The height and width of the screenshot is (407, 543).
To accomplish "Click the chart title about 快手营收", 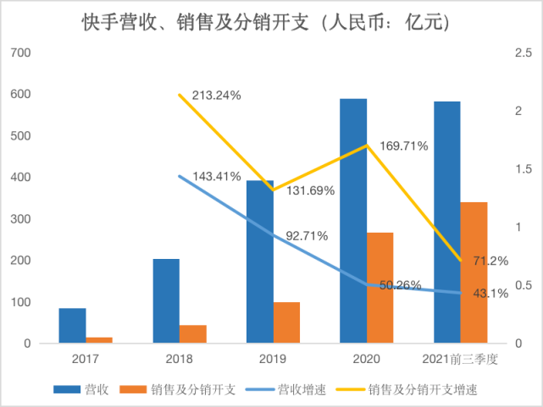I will tap(270, 23).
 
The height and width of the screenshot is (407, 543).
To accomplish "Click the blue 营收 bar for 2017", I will tap(72, 326).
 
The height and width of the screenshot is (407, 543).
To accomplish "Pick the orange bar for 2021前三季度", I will tap(474, 272).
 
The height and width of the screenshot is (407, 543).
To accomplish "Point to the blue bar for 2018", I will tap(166, 301).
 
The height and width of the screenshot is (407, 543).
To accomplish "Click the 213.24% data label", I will tap(216, 96).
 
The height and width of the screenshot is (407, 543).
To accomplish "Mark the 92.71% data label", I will tap(307, 235).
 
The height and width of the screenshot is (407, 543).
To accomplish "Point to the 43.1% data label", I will tap(489, 294).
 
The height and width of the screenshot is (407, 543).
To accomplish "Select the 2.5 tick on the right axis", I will tap(524, 53).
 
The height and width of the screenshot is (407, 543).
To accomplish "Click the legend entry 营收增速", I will tap(296, 390).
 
